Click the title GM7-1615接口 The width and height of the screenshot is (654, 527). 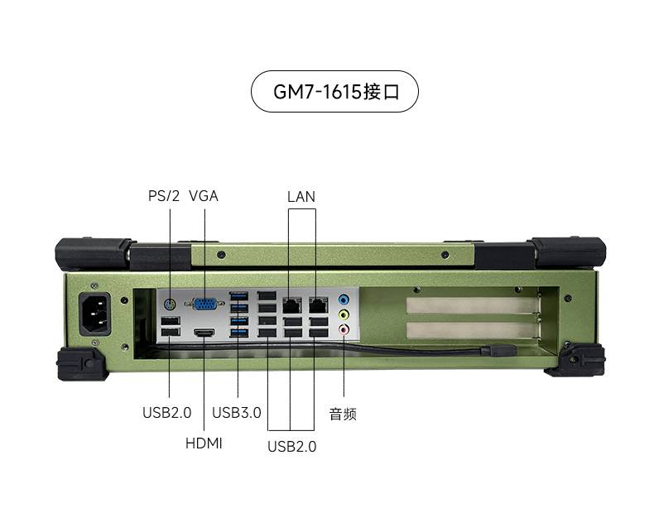[x=336, y=92]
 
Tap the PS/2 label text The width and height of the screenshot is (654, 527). [x=164, y=195]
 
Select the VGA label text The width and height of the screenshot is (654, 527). [x=204, y=195]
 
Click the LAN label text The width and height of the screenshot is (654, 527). [x=301, y=196]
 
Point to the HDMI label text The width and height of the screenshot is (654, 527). [x=204, y=443]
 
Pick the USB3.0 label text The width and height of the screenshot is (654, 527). [x=237, y=412]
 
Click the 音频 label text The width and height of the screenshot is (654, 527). [x=343, y=414]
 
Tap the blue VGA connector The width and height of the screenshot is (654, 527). [x=205, y=304]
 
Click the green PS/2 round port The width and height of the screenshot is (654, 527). [x=170, y=304]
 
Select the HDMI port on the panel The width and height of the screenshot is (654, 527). [x=204, y=333]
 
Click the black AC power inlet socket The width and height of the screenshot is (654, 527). [x=95, y=314]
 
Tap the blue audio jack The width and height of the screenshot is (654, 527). [x=344, y=299]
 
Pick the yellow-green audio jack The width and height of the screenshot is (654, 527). [x=344, y=314]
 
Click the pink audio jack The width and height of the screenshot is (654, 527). [x=344, y=329]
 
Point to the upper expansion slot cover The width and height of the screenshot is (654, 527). [x=472, y=305]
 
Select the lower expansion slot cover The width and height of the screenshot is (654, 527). [x=472, y=330]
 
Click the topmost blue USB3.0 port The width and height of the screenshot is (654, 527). [x=238, y=296]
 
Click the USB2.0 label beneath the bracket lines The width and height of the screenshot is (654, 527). [x=292, y=446]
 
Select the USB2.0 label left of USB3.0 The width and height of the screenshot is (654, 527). [x=167, y=412]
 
